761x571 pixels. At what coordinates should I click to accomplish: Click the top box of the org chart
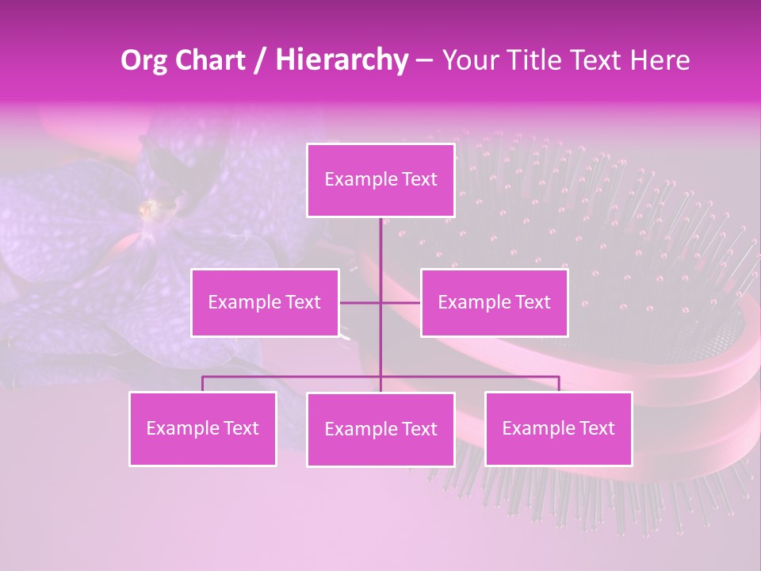(x=380, y=180)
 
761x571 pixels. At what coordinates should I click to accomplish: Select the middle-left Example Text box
(x=265, y=302)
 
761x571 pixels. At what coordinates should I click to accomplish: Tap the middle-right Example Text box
(x=494, y=302)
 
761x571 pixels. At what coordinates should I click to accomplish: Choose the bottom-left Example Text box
(x=203, y=428)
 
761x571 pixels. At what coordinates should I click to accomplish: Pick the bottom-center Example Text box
(x=380, y=429)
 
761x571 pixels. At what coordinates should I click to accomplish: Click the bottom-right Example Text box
(x=558, y=428)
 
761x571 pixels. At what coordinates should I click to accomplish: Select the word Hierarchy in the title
(x=342, y=60)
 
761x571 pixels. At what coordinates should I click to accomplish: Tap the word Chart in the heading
(x=210, y=60)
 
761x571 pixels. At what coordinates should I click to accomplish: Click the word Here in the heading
(x=660, y=60)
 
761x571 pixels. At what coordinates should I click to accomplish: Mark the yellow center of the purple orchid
(x=147, y=209)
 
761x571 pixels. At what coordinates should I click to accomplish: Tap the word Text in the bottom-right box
(x=597, y=428)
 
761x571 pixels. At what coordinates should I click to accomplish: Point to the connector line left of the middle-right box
(x=401, y=302)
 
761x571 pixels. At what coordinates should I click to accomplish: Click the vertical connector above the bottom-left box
(x=203, y=384)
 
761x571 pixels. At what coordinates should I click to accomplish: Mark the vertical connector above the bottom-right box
(x=559, y=384)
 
